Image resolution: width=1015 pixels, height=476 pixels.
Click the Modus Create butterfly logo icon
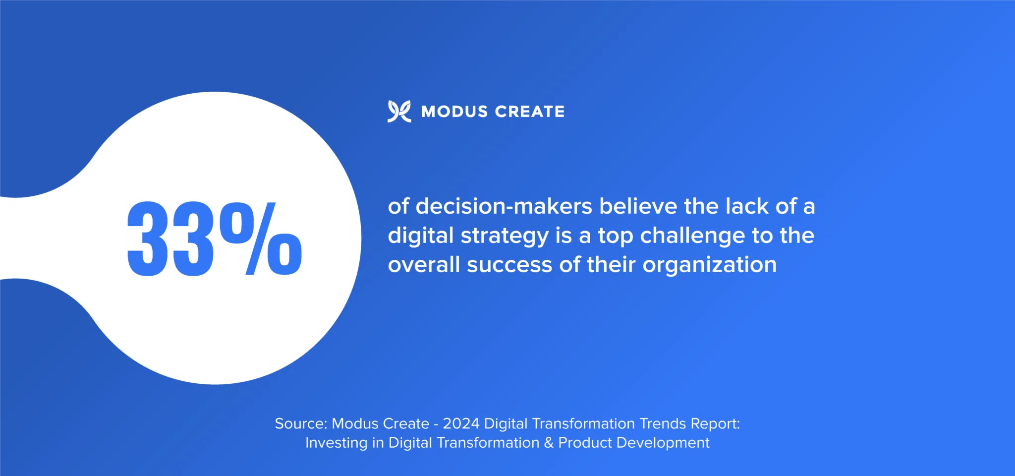pos(399,112)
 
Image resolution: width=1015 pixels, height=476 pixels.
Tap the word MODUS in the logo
pos(454,112)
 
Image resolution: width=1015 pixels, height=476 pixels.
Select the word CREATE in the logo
pos(530,112)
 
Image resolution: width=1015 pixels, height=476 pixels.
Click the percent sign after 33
pos(261,238)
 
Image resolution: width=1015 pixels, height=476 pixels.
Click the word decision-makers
pos(504,206)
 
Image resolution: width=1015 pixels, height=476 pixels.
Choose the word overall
pos(424,265)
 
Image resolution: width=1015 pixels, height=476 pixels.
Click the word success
pos(509,265)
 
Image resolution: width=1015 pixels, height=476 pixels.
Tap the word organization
pos(709,265)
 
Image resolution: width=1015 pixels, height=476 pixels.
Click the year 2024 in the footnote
pos(461,423)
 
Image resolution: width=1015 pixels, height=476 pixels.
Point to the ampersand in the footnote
pos(549,443)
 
